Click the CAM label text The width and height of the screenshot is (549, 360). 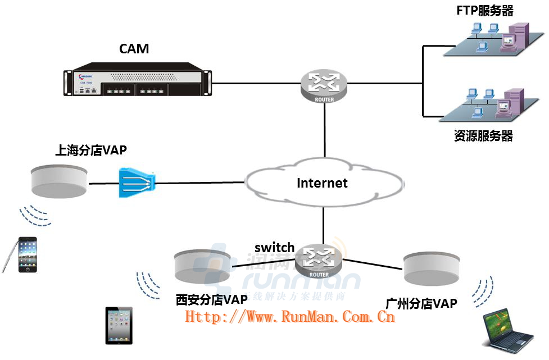click(x=134, y=49)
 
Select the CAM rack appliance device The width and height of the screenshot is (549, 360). click(x=138, y=83)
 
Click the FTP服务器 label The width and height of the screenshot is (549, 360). click(x=485, y=10)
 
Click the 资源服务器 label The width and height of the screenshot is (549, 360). click(x=483, y=135)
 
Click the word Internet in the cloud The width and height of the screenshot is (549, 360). click(x=322, y=183)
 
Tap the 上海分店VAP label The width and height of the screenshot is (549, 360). click(x=91, y=150)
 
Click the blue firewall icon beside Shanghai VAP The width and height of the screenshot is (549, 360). click(x=137, y=182)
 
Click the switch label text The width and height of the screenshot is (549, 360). click(x=274, y=248)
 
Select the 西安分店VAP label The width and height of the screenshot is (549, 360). click(x=211, y=299)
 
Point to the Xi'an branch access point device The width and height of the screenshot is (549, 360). click(x=202, y=266)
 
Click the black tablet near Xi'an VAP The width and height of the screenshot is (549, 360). click(x=119, y=325)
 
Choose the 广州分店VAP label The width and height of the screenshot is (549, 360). click(x=421, y=303)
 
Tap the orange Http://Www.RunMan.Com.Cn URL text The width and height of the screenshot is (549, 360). click(x=290, y=317)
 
